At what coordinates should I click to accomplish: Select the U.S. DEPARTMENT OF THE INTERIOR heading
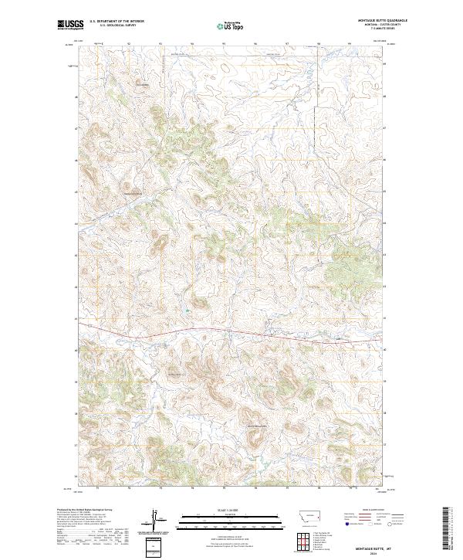[x=117, y=22]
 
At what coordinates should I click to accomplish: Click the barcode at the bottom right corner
[x=446, y=528]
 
